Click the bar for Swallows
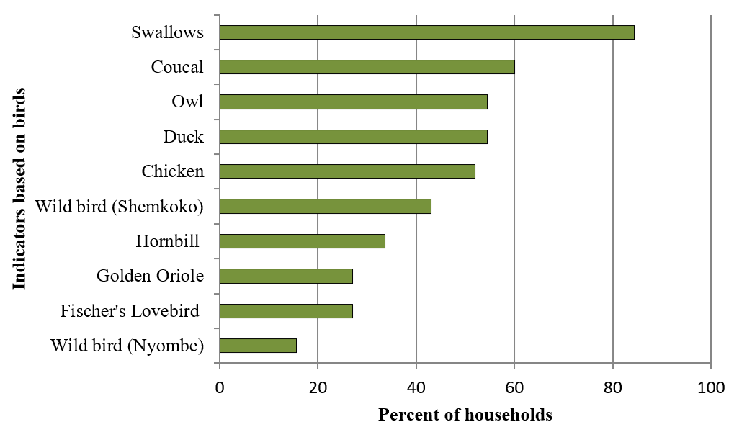click(426, 32)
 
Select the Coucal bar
click(367, 67)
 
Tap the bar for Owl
click(353, 102)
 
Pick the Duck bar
click(353, 137)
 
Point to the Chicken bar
click(347, 171)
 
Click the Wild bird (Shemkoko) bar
click(325, 206)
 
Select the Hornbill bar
click(302, 241)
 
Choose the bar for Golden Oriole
click(286, 276)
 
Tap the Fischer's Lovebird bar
click(286, 311)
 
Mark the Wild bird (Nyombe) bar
click(258, 346)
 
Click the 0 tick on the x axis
click(220, 387)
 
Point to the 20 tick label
click(318, 387)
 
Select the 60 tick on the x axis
click(514, 387)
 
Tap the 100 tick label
click(711, 387)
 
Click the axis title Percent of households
click(465, 415)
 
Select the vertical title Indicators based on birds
click(19, 189)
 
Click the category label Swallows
click(168, 32)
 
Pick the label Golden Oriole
click(150, 277)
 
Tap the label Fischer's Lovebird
click(130, 311)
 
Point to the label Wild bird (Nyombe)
click(127, 346)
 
